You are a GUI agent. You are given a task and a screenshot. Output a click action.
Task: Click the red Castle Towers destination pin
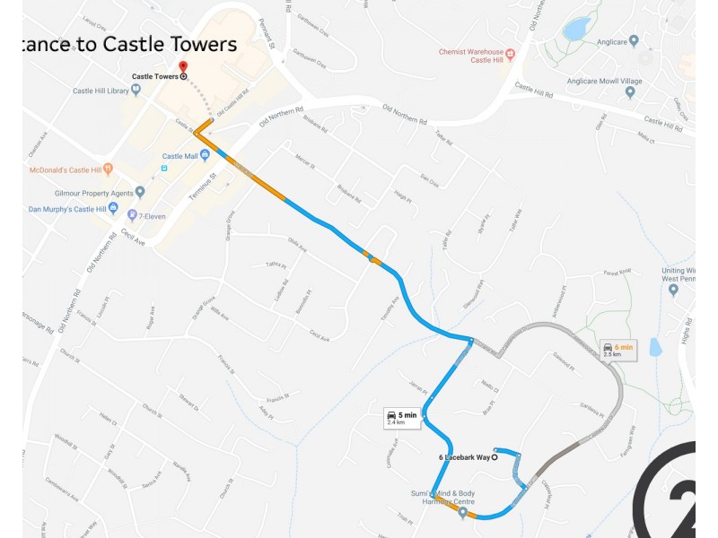tap(183, 66)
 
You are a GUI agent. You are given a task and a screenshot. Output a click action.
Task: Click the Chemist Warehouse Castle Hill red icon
tap(511, 55)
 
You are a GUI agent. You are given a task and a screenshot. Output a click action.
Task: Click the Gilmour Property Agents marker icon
tap(140, 192)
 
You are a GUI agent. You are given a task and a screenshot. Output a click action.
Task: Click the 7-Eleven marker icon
tap(132, 215)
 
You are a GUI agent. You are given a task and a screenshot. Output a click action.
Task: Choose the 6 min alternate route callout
tap(617, 350)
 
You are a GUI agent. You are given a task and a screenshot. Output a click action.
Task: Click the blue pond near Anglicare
tap(576, 29)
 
